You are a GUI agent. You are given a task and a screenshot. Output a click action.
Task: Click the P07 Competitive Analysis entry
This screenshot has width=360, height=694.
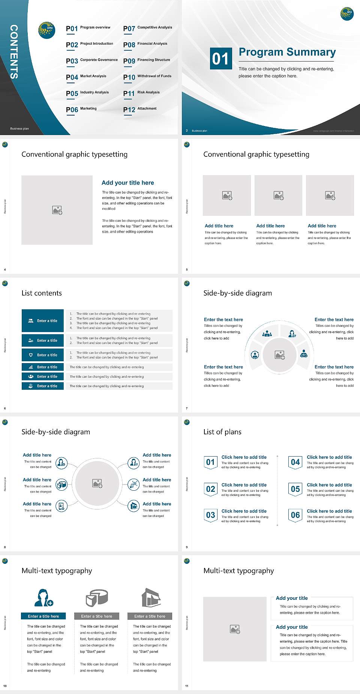click(148, 28)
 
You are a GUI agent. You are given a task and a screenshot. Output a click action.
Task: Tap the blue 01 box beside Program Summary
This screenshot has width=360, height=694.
click(220, 59)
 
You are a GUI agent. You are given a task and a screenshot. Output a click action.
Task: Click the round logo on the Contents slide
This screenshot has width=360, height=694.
click(47, 30)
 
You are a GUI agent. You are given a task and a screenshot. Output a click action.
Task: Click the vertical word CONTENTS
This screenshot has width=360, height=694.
click(14, 51)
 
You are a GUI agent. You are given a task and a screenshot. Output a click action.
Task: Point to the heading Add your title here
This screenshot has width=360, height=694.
click(127, 183)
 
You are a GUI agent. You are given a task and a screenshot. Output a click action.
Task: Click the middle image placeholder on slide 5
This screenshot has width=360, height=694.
click(278, 195)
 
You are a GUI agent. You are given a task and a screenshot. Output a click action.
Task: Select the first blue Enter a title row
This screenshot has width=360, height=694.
click(43, 321)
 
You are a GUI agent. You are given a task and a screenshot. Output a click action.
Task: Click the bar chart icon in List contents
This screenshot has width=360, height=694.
click(31, 367)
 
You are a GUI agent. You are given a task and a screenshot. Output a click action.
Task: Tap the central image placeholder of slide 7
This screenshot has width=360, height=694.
click(279, 355)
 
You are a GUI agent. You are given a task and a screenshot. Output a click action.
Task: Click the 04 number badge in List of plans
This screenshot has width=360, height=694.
click(295, 462)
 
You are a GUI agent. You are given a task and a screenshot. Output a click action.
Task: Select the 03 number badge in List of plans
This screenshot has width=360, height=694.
click(210, 515)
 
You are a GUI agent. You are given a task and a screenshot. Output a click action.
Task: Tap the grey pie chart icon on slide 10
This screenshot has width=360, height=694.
click(97, 598)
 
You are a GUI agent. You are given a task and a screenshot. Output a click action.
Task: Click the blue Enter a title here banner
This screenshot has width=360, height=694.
click(43, 616)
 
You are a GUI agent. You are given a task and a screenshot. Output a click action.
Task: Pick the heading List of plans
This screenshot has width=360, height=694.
click(222, 432)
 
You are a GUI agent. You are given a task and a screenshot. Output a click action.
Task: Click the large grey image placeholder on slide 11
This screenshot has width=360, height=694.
click(235, 629)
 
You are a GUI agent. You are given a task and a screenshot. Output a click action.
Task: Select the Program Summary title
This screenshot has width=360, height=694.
click(287, 52)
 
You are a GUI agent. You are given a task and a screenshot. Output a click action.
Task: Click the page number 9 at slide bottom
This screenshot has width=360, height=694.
click(186, 547)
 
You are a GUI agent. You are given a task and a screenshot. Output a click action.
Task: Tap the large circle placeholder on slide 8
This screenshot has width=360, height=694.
click(97, 483)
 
